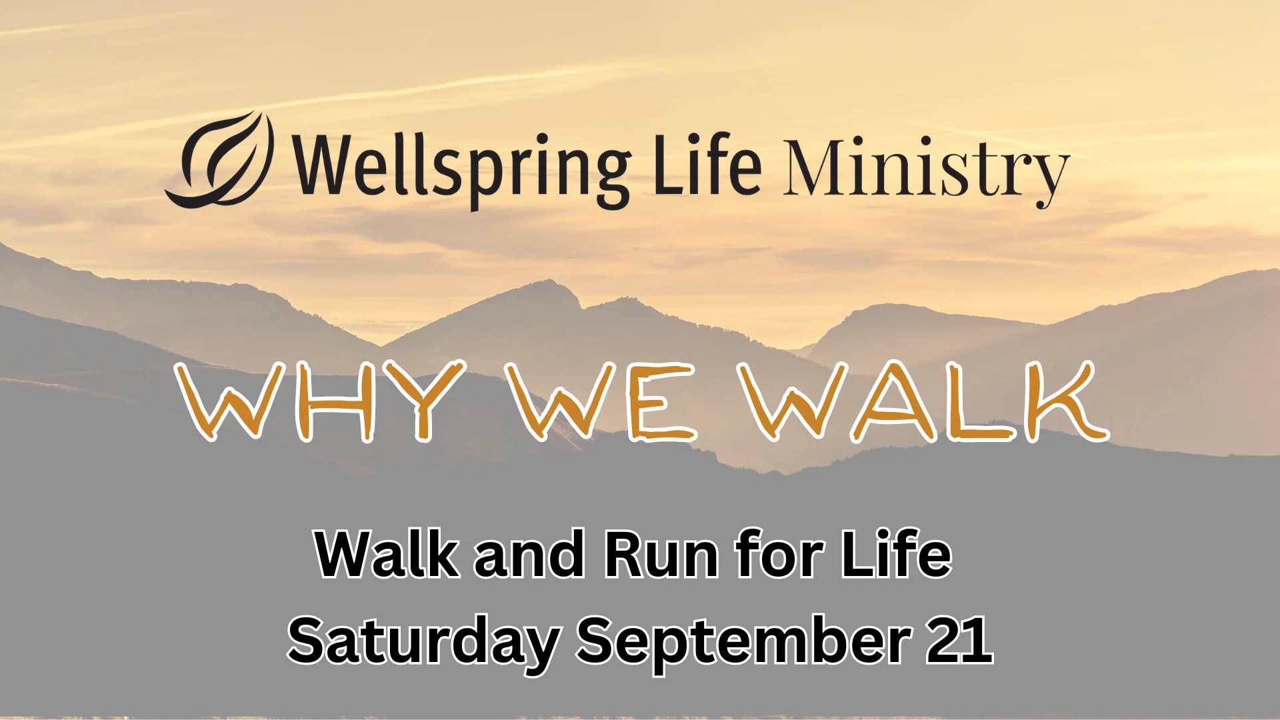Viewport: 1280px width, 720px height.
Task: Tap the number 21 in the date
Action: point(960,639)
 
